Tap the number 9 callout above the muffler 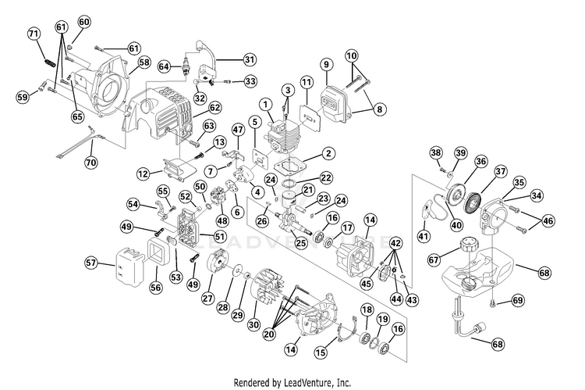(326, 64)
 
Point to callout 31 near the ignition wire (249, 59)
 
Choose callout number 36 (481, 162)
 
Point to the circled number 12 (143, 173)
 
